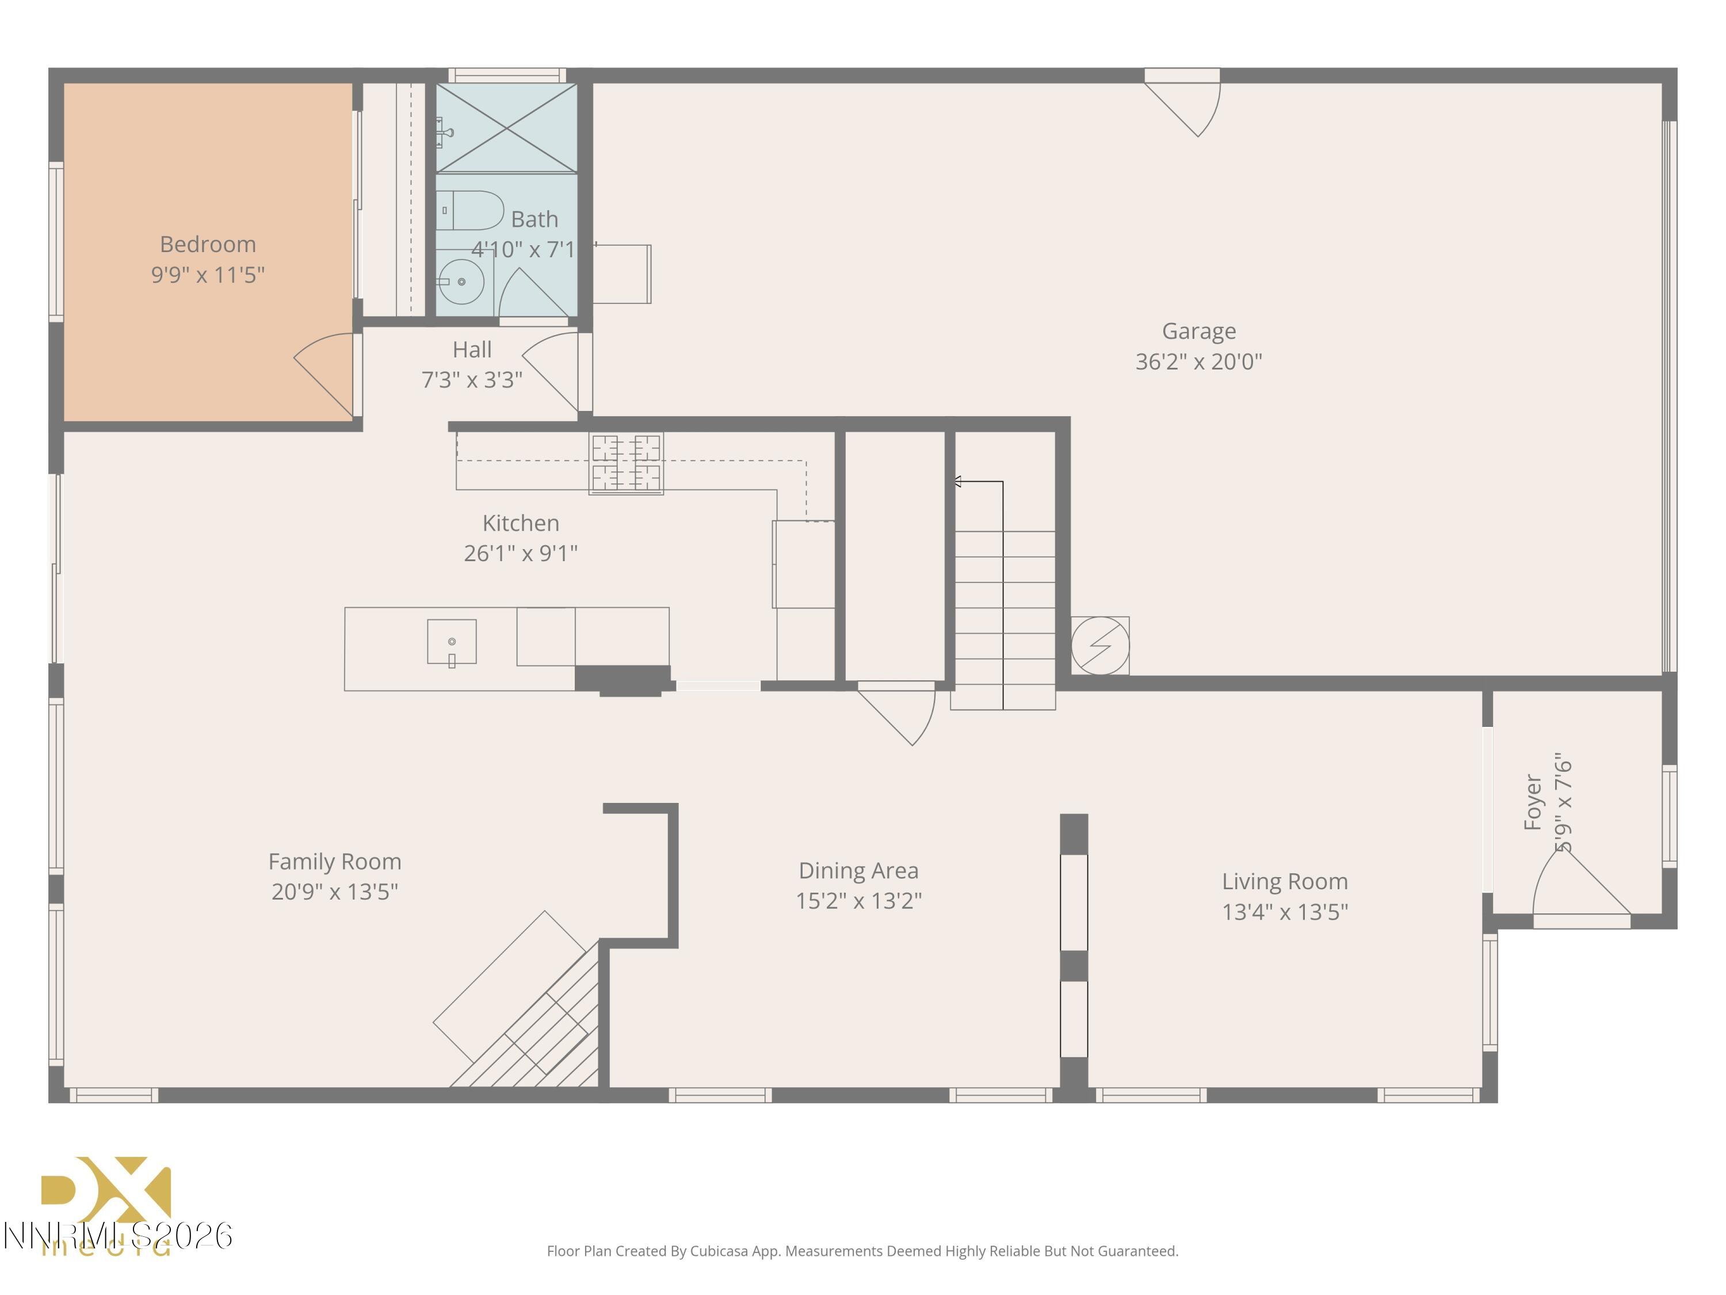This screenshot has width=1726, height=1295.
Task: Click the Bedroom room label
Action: coord(208,245)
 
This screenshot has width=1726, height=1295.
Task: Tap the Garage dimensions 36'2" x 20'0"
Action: coord(1198,362)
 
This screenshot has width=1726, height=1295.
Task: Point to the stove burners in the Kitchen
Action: coord(626,464)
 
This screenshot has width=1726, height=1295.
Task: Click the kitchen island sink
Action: coord(452,642)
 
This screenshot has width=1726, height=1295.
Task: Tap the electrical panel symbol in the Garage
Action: coord(1099,646)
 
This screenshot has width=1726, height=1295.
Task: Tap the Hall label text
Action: coord(472,350)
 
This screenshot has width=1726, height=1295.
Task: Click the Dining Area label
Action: coord(858,870)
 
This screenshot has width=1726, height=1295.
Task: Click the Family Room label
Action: coord(335,862)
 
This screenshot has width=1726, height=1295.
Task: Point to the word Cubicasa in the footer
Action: coord(719,1251)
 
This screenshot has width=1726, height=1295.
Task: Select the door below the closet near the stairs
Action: coord(898,710)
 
